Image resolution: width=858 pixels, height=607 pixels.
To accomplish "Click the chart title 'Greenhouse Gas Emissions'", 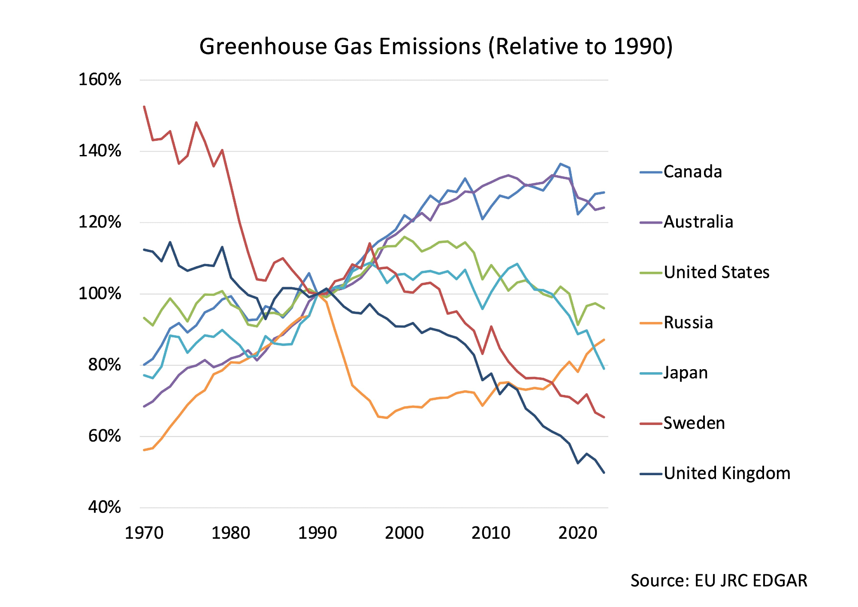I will pyautogui.click(x=436, y=46).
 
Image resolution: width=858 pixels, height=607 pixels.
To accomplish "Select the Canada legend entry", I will pyautogui.click(x=692, y=172).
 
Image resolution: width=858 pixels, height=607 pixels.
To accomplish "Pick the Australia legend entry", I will pyautogui.click(x=698, y=222).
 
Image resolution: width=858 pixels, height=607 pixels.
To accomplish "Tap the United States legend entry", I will pyautogui.click(x=716, y=272).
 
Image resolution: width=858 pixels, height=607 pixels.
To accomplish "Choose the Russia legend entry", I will pyautogui.click(x=688, y=322).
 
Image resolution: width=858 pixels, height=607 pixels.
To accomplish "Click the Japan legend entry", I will pyautogui.click(x=686, y=373).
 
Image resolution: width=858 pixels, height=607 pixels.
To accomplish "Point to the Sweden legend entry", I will pyautogui.click(x=694, y=423).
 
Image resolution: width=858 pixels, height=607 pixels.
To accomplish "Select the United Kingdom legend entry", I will pyautogui.click(x=727, y=473).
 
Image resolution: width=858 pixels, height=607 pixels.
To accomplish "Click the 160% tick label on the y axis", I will pyautogui.click(x=100, y=80).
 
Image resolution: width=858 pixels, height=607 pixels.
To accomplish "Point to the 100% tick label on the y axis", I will pyautogui.click(x=100, y=294).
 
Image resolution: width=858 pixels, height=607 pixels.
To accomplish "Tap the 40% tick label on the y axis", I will pyautogui.click(x=105, y=507).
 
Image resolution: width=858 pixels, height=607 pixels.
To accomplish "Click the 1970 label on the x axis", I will pyautogui.click(x=144, y=533).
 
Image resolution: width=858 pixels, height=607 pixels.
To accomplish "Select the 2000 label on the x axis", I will pyautogui.click(x=404, y=533).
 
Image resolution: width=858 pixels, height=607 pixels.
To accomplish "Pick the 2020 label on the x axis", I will pyautogui.click(x=577, y=533).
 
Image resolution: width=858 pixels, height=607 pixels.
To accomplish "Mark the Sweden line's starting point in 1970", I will pyautogui.click(x=144, y=106).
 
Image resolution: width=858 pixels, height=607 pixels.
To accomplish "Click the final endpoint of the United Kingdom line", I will pyautogui.click(x=604, y=473).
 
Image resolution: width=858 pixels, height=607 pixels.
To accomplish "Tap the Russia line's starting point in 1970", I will pyautogui.click(x=144, y=450).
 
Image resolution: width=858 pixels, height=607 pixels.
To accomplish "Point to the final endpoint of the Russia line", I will pyautogui.click(x=604, y=340).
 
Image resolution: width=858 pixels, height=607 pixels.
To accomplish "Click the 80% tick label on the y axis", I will pyautogui.click(x=105, y=365).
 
